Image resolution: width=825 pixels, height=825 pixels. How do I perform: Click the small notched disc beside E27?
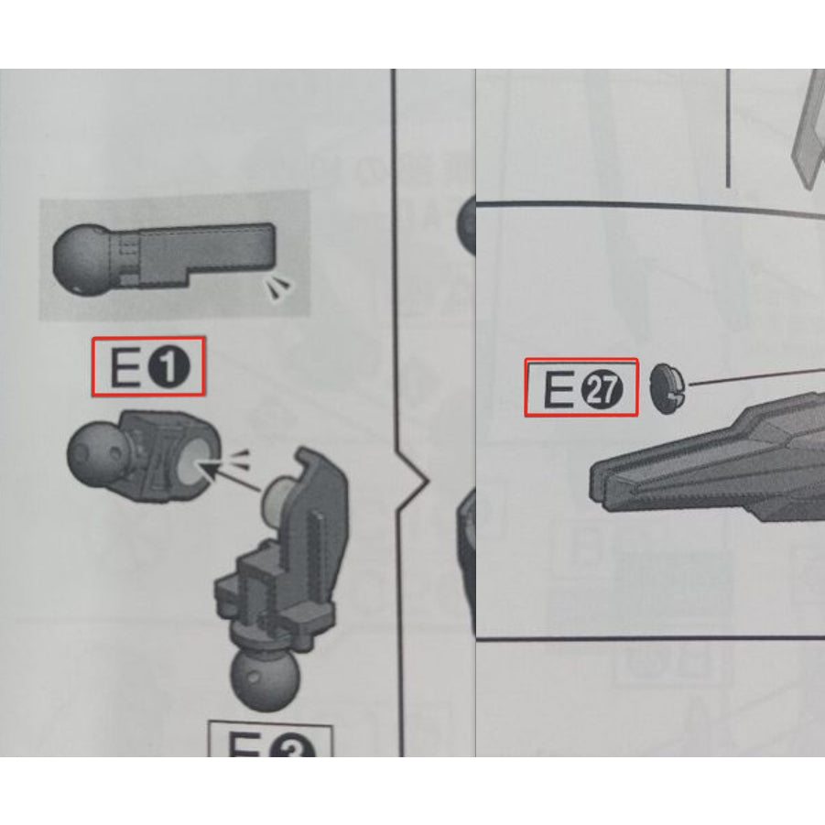[668, 386]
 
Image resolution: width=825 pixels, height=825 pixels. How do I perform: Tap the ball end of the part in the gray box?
[81, 257]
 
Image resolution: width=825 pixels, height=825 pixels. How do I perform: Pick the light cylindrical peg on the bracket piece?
[276, 499]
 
